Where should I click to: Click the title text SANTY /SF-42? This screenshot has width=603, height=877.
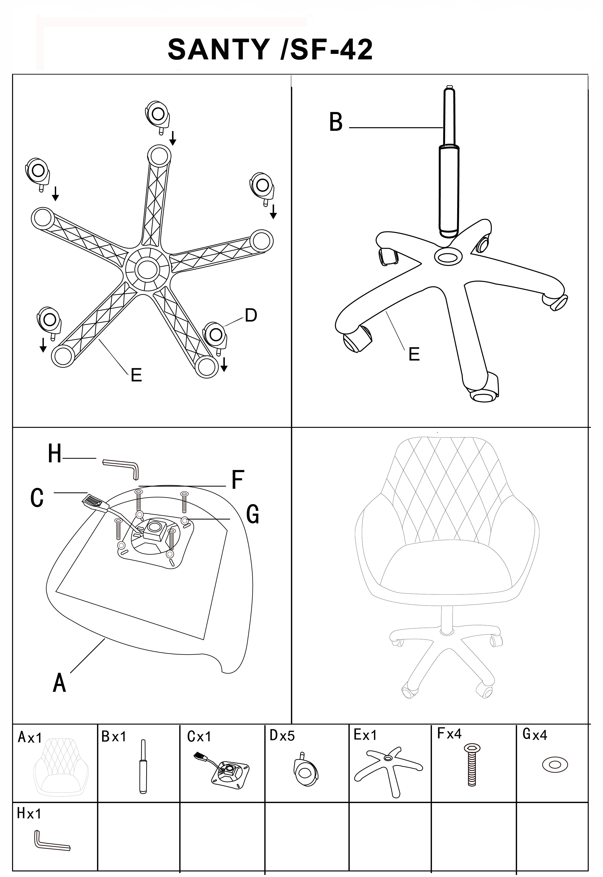(x=270, y=49)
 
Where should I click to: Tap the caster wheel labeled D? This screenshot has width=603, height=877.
(x=215, y=335)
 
